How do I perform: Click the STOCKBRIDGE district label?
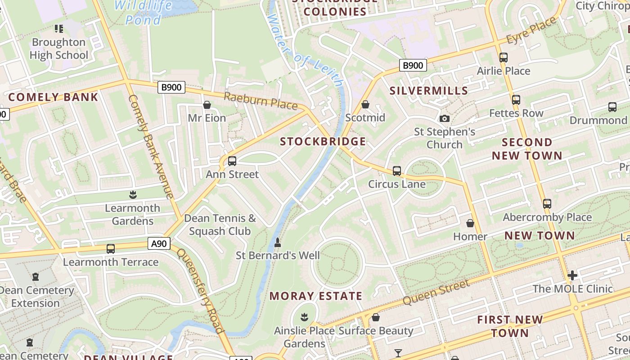coord(323,142)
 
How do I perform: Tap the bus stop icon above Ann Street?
coord(232,161)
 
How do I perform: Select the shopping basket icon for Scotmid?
coord(365,104)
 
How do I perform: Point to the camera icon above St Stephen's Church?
coord(445,118)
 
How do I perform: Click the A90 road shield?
coord(159,244)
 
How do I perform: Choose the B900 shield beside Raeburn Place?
coord(171,87)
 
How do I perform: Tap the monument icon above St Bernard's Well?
coord(278,243)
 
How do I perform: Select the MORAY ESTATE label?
coord(316,296)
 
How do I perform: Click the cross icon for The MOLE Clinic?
coord(572,275)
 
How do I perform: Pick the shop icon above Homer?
coord(470,223)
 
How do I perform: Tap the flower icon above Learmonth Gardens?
coord(133,195)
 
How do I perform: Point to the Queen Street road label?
coord(436,292)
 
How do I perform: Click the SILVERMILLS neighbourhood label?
coord(429,91)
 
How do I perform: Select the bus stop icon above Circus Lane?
coord(397,171)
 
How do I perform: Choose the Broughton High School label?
coord(59,49)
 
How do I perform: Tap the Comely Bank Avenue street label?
coord(151,146)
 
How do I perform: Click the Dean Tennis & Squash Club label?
coord(220,225)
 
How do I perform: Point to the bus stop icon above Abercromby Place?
coord(547,204)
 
